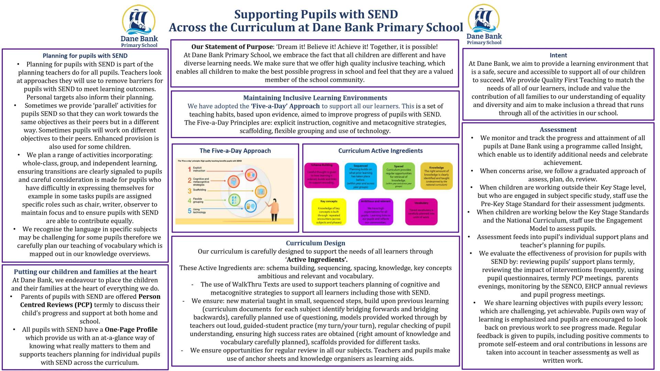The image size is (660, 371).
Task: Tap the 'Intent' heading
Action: coord(558,55)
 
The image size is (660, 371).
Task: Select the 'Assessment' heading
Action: coord(558,130)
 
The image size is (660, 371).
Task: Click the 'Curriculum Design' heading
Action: coord(315,243)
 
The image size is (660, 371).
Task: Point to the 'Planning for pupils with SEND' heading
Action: coord(85,56)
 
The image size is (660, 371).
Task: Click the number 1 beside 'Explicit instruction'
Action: coord(189,169)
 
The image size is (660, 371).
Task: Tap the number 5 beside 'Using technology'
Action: coord(189,211)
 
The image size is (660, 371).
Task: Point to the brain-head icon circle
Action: coord(234,181)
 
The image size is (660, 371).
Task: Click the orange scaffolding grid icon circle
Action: coord(261,191)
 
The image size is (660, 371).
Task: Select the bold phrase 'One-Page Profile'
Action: coord(131,330)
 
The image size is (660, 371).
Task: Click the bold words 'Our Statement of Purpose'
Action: coord(232,47)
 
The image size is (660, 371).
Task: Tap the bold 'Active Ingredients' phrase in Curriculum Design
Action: coord(316,260)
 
